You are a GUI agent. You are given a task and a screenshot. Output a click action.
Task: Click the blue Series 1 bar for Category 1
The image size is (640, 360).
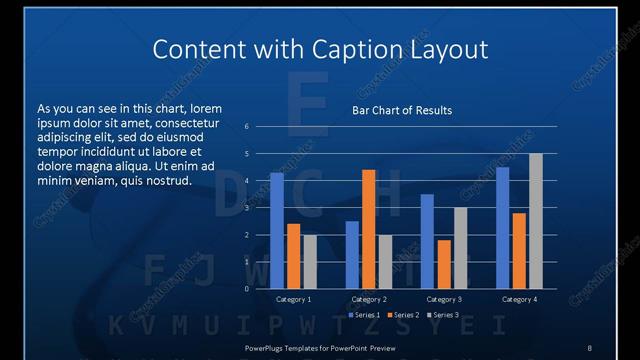click(277, 231)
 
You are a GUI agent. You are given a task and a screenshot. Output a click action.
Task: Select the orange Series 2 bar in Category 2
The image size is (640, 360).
click(369, 229)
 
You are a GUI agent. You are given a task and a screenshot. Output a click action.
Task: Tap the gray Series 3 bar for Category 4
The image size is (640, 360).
click(536, 221)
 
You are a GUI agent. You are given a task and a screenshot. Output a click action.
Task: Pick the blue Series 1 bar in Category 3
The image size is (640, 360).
click(427, 241)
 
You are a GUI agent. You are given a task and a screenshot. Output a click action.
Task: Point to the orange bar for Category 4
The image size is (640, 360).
click(519, 251)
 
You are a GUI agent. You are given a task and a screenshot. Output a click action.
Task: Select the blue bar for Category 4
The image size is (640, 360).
click(502, 228)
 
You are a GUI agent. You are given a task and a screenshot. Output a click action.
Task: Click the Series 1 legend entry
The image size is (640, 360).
click(365, 315)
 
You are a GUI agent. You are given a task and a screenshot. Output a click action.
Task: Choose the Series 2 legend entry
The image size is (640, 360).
click(403, 315)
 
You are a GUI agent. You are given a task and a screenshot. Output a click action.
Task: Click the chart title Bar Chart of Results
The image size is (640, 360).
click(402, 110)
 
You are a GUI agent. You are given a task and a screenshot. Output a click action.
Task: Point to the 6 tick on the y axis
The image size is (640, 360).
click(247, 127)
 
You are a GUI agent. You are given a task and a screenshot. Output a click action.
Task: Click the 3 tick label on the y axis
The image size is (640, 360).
click(247, 208)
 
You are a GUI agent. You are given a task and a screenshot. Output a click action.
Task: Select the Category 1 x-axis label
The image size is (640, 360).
click(294, 299)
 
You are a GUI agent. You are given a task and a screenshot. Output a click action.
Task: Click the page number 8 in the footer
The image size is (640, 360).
click(589, 347)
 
